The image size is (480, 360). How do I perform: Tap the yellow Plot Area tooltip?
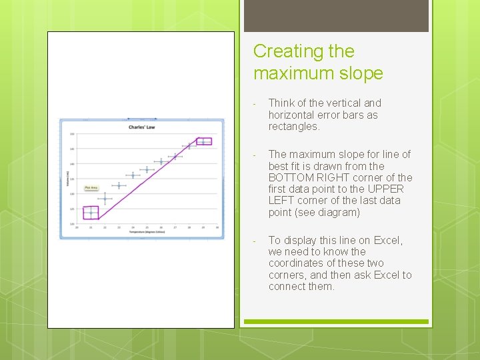pyautogui.click(x=91, y=188)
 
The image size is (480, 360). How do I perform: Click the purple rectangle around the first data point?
pyautogui.click(x=91, y=213)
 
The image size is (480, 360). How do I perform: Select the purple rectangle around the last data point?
pyautogui.click(x=203, y=141)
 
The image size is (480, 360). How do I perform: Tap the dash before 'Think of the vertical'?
pyautogui.click(x=255, y=103)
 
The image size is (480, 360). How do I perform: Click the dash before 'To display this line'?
pyautogui.click(x=255, y=241)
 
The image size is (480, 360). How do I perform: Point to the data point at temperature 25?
pyautogui.click(x=147, y=169)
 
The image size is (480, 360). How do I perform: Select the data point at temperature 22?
pyautogui.click(x=105, y=199)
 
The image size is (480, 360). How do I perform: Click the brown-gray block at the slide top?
pyautogui.click(x=336, y=15)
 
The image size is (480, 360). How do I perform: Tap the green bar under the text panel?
pyautogui.click(x=336, y=321)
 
